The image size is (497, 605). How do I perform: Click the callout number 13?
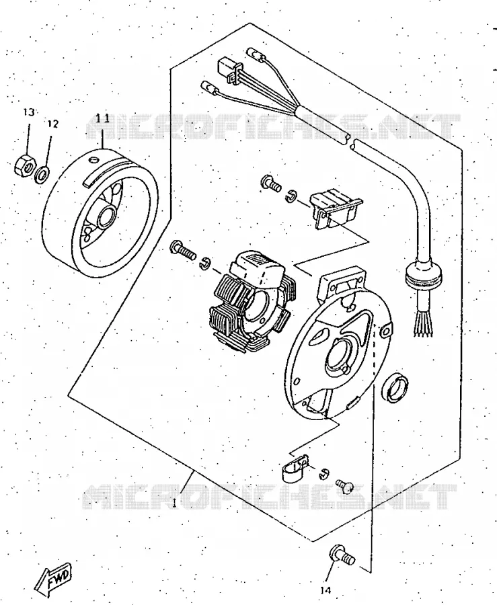(x=28, y=112)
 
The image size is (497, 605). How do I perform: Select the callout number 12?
(x=53, y=124)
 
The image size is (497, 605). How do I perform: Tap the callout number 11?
(x=103, y=118)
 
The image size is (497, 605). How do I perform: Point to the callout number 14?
(x=326, y=590)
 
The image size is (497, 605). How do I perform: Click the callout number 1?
(x=174, y=503)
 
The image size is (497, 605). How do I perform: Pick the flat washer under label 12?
(x=42, y=174)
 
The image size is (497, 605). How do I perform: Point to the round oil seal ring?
(x=395, y=388)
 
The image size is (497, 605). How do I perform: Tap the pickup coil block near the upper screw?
(x=334, y=209)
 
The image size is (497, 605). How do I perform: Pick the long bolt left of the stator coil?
(x=182, y=250)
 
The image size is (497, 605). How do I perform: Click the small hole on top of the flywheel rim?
(x=93, y=160)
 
